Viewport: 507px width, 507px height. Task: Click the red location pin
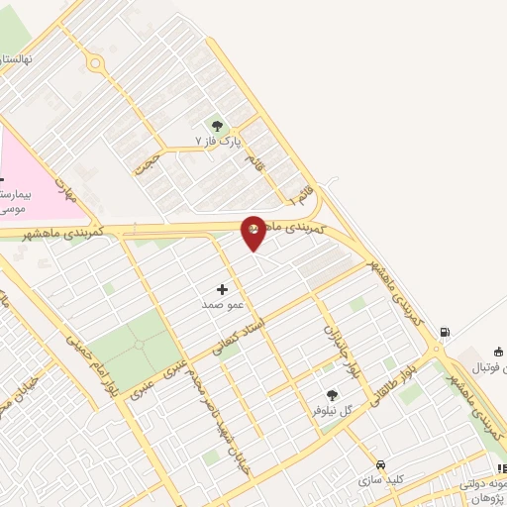tap(253, 230)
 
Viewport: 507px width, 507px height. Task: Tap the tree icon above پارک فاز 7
tap(217, 126)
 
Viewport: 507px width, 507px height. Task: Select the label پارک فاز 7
tap(218, 142)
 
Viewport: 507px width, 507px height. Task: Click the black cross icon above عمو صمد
tap(221, 290)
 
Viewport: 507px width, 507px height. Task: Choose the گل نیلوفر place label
tap(333, 410)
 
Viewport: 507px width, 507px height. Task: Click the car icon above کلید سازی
tap(379, 463)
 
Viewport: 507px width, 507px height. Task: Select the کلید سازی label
tap(381, 479)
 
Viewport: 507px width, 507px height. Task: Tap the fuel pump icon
tap(445, 332)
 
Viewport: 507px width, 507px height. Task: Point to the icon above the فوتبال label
tap(498, 352)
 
